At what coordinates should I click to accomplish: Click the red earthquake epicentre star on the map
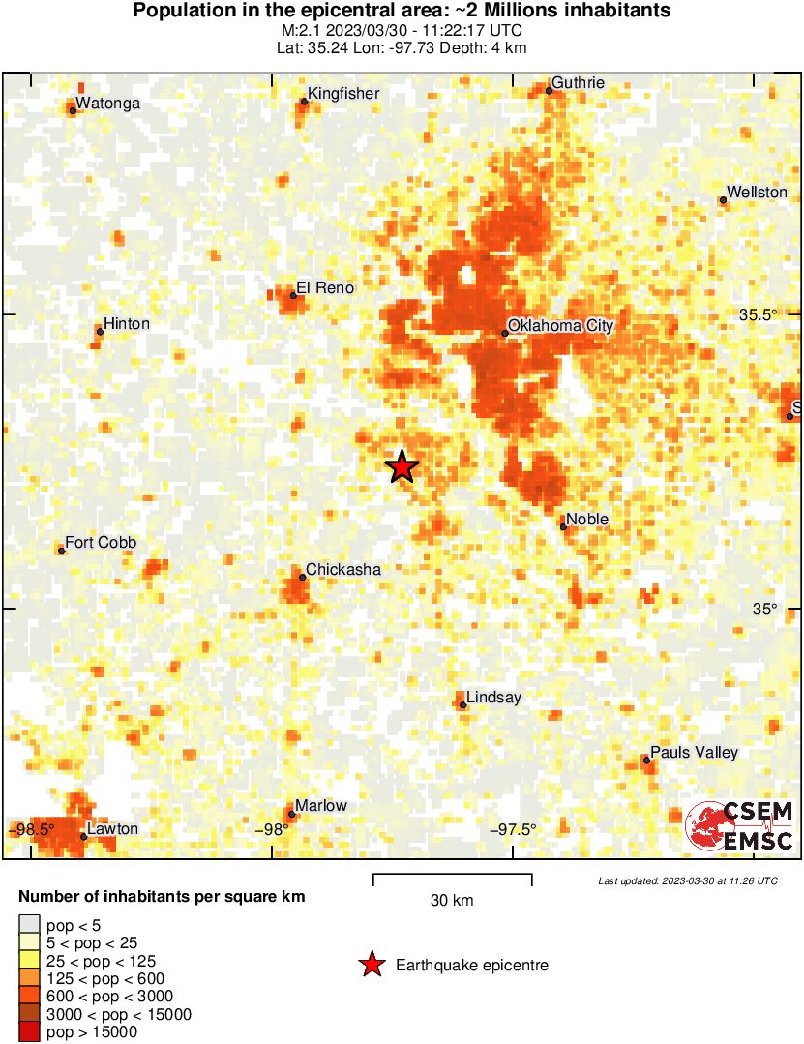coord(402,466)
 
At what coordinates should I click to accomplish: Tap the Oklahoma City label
coord(560,326)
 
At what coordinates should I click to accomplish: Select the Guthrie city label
coord(578,83)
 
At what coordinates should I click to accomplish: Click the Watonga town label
coord(107,104)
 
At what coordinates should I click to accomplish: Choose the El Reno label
coord(325,288)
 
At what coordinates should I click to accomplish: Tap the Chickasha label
coord(343,570)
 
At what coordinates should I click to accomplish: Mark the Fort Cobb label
coord(101,543)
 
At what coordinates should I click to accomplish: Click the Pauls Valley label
coord(694,753)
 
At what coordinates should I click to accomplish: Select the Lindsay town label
coord(493,698)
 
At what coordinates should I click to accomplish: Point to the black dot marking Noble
coord(563,526)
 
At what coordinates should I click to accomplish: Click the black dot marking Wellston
coord(723,200)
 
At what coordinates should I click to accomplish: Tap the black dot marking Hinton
coord(100,331)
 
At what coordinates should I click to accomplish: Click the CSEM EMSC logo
coord(740,826)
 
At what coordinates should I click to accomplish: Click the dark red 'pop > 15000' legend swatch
coord(29,1032)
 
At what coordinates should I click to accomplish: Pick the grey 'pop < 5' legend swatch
coord(29,926)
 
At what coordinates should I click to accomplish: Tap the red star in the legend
coord(371,965)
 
